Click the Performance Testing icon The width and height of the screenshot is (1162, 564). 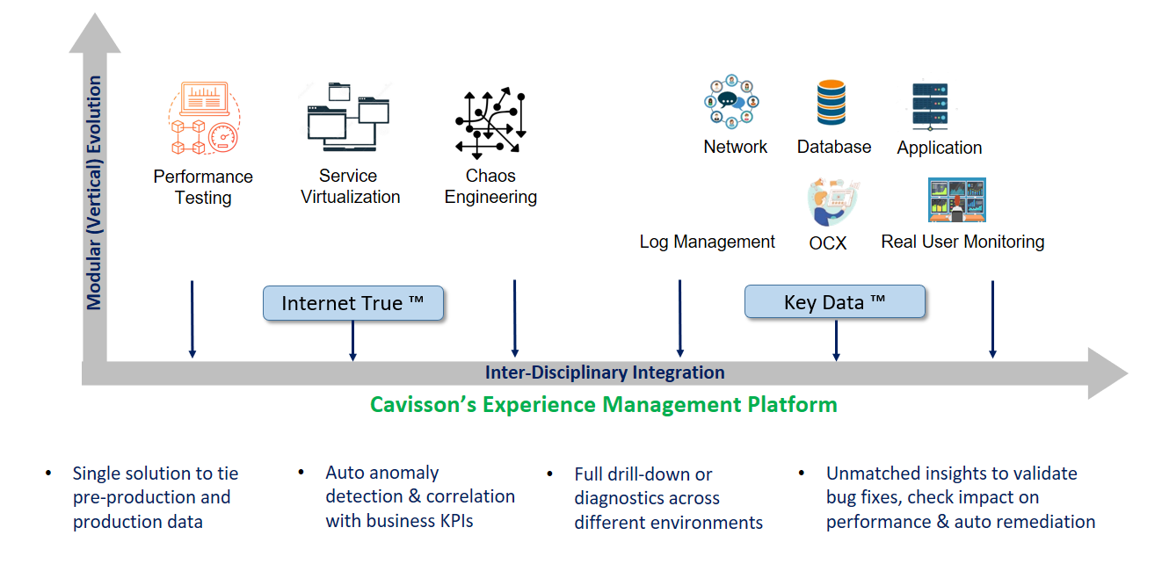click(205, 118)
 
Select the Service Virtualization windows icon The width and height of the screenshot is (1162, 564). click(348, 117)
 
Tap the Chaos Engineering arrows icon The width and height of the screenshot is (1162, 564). click(490, 123)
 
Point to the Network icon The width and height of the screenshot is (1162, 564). click(731, 102)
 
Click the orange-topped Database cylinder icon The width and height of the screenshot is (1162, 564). click(832, 102)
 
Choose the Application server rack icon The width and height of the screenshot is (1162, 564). click(930, 105)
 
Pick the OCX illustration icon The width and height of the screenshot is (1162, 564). click(832, 202)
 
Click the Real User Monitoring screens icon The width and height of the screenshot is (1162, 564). click(957, 200)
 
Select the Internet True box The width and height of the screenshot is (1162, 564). click(353, 303)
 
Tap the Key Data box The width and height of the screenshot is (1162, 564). click(835, 301)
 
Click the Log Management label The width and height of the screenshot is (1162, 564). click(707, 242)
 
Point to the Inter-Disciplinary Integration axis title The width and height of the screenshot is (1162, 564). click(605, 372)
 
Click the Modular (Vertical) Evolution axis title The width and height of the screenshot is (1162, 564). click(94, 193)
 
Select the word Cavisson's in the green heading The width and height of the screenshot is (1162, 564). click(424, 405)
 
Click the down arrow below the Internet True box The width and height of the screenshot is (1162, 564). click(352, 341)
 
